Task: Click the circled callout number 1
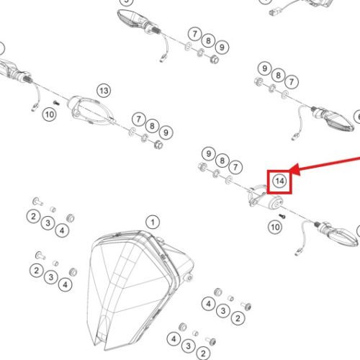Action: [153, 222]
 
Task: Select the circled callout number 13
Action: [104, 91]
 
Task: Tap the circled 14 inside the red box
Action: [279, 181]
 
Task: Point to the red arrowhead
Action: [294, 170]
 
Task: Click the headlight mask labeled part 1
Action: [139, 288]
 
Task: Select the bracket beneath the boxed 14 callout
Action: [265, 197]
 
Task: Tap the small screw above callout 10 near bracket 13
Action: [57, 103]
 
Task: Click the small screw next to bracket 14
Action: [282, 216]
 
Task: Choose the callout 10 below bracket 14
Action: [275, 227]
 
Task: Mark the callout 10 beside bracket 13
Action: [49, 114]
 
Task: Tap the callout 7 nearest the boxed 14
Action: [235, 167]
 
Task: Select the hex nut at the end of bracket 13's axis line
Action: [158, 145]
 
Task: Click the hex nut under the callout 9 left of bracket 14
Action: [202, 166]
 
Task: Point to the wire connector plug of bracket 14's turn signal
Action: [298, 252]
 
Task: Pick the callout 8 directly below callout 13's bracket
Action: [152, 126]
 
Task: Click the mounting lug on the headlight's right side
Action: [189, 278]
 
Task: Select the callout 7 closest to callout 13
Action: [138, 119]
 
